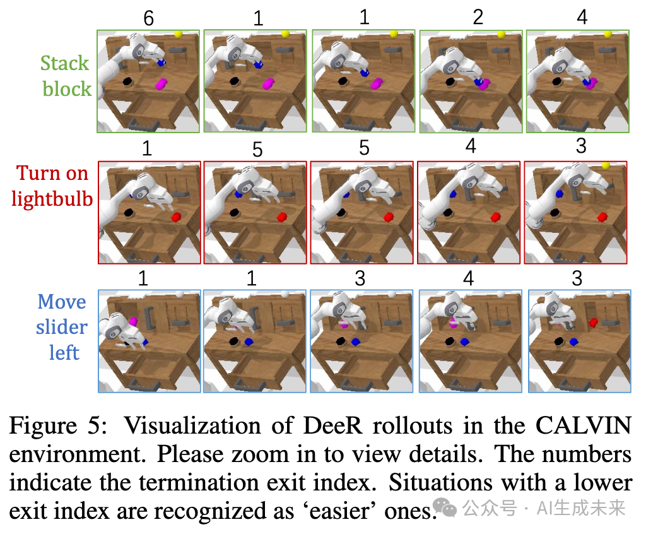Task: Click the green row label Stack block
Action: coord(66,76)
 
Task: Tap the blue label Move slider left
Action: coord(61,327)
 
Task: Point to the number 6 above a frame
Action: coord(148,18)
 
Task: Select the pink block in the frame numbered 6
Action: coord(162,83)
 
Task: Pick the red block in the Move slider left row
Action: coord(593,323)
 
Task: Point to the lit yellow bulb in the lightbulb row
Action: coord(606,165)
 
